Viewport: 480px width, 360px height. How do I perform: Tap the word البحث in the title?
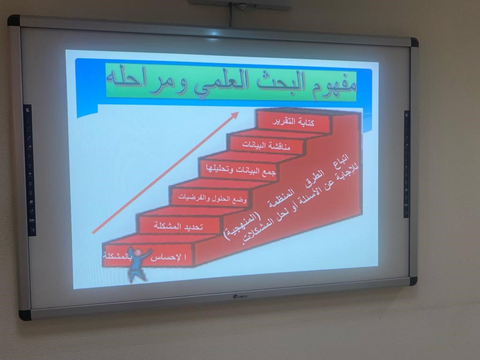point(276,82)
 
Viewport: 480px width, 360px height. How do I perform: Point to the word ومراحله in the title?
point(147,79)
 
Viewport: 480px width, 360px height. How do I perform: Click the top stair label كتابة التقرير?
point(293,122)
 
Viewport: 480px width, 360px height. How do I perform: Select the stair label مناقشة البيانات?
point(266,145)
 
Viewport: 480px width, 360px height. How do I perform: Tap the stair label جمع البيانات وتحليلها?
point(240,170)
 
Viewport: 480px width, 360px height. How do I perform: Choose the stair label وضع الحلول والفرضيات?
point(212,198)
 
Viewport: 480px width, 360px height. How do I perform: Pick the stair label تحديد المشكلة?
point(178,226)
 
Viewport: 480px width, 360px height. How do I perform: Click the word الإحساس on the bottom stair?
point(168,257)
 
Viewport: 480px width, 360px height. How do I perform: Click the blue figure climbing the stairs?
point(138,264)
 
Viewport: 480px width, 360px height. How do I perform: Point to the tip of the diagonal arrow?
point(239,112)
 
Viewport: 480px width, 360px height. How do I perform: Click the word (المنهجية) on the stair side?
point(242,225)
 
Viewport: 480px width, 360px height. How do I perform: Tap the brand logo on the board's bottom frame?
point(240,296)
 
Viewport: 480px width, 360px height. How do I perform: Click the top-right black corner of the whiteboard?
point(414,42)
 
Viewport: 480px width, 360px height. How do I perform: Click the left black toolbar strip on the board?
point(30,170)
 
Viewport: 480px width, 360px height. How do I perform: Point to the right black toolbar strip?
point(406,164)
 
